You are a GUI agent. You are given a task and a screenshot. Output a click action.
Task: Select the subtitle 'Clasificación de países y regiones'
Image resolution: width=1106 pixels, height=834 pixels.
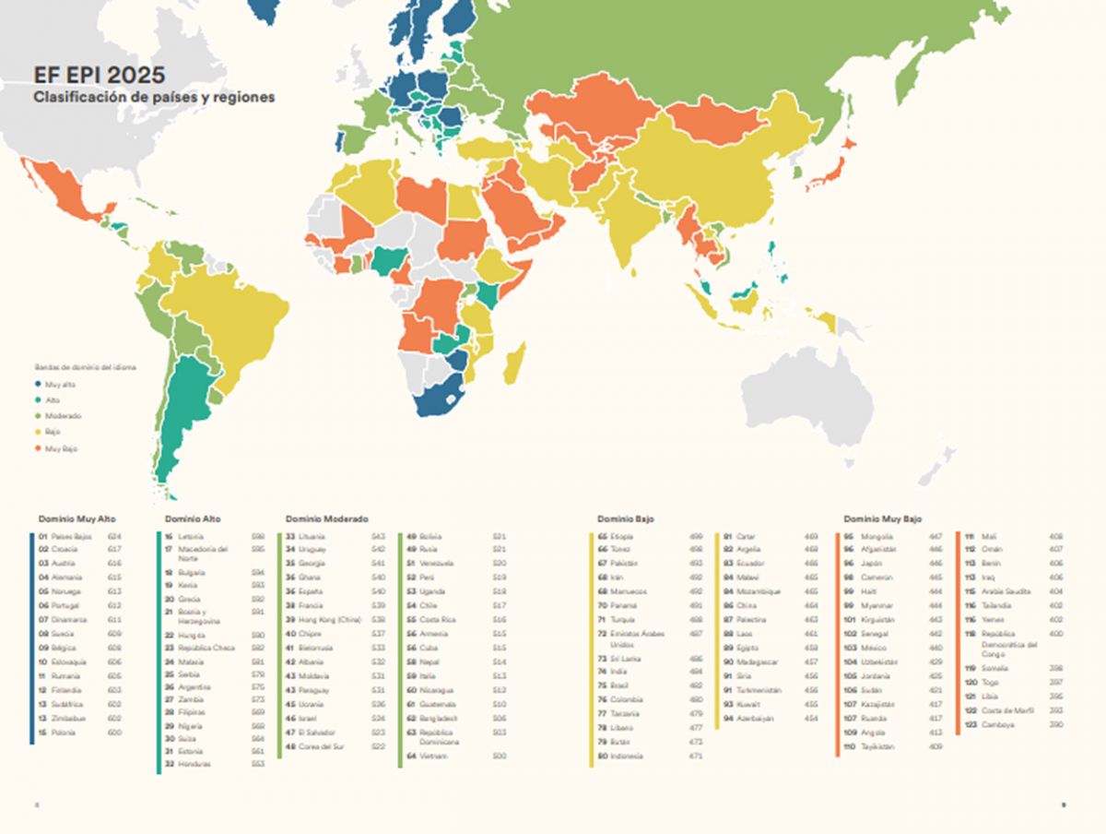(154, 97)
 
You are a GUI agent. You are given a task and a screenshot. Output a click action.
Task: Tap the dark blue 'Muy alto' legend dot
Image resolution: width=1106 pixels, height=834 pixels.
(39, 384)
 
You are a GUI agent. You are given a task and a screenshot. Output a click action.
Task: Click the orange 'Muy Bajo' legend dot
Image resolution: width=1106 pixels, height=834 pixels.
(39, 448)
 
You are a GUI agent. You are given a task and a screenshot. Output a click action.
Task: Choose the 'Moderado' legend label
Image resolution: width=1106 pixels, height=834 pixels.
(64, 416)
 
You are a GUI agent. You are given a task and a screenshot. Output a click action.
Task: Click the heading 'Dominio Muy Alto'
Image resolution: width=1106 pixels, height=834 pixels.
(77, 519)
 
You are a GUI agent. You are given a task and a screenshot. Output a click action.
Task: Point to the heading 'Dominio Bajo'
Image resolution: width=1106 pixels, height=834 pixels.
(625, 519)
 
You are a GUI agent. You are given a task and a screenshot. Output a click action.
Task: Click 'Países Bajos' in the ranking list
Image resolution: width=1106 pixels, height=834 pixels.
(71, 536)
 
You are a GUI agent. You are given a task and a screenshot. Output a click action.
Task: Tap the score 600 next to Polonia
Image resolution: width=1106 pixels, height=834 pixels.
(114, 733)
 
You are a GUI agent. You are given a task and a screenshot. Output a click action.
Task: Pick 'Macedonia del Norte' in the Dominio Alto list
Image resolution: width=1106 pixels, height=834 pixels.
(202, 554)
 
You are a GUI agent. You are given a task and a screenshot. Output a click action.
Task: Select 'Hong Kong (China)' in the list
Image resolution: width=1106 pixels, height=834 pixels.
(330, 620)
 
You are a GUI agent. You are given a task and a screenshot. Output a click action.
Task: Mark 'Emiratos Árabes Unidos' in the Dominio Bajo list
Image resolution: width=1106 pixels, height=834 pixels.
(636, 638)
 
